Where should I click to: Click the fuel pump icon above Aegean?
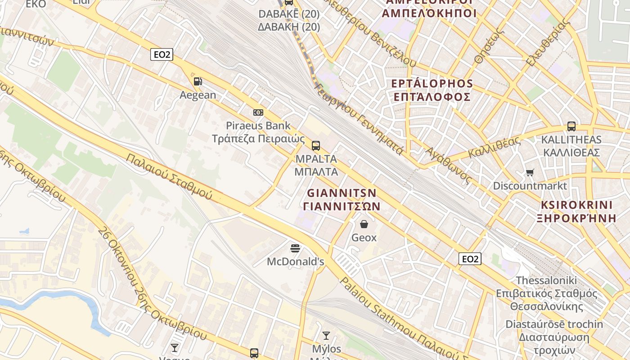pyautogui.click(x=198, y=81)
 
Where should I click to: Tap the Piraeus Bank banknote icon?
pyautogui.click(x=258, y=112)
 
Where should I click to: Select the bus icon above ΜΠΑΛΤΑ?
pyautogui.click(x=316, y=145)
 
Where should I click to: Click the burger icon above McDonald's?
pyautogui.click(x=295, y=248)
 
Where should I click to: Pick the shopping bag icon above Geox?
pyautogui.click(x=364, y=224)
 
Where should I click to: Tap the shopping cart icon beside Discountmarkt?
pyautogui.click(x=530, y=172)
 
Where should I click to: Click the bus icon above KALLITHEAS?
pyautogui.click(x=571, y=126)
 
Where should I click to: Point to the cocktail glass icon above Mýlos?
pyautogui.click(x=326, y=335)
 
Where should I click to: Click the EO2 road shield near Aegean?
pyautogui.click(x=162, y=54)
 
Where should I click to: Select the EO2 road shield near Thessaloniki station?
pyautogui.click(x=470, y=259)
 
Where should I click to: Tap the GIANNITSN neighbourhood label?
pyautogui.click(x=342, y=193)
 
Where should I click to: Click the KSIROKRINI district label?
pyautogui.click(x=577, y=205)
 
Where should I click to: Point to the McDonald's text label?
pyautogui.click(x=295, y=261)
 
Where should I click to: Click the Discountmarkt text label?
pyautogui.click(x=530, y=186)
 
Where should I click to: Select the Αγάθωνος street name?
pyautogui.click(x=448, y=165)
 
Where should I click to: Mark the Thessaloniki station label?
pyautogui.click(x=546, y=280)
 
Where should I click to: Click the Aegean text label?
pyautogui.click(x=198, y=95)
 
